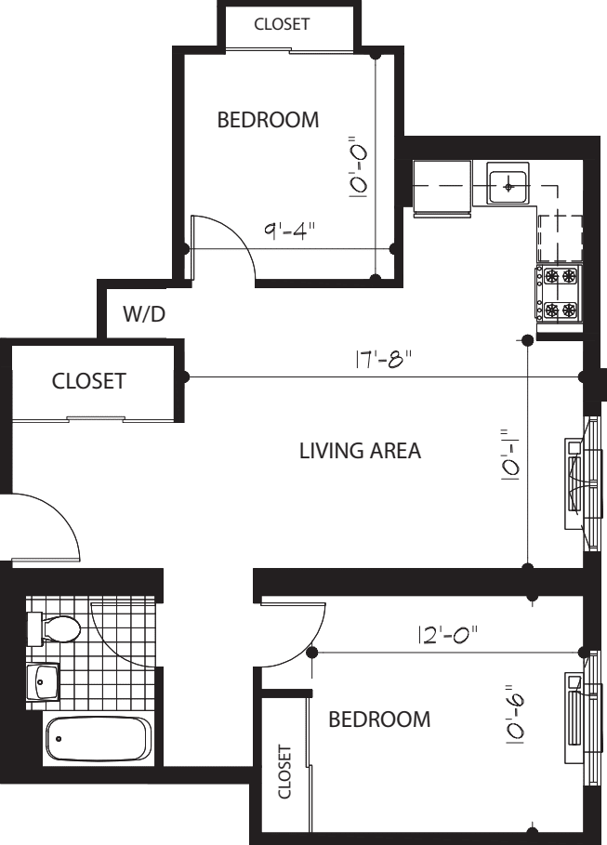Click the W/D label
click(144, 315)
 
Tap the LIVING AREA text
click(361, 452)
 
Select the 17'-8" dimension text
click(382, 359)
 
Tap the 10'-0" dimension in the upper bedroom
click(358, 168)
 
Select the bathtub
click(97, 740)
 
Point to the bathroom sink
click(42, 683)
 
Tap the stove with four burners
click(557, 294)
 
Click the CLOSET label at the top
click(282, 25)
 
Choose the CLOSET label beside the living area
click(88, 381)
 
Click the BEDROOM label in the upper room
click(267, 120)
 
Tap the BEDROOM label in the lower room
click(379, 720)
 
